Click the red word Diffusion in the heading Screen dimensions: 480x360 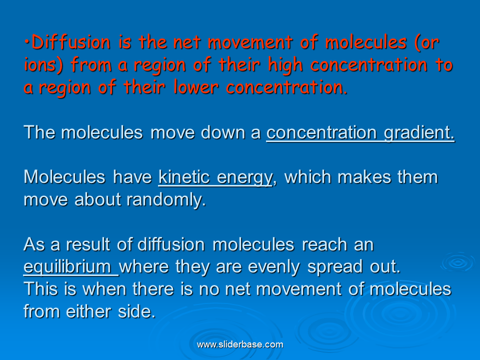click(71, 42)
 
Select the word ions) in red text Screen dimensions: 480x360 click(43, 65)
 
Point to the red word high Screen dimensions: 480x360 click(285, 65)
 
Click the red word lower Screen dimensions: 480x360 click(196, 87)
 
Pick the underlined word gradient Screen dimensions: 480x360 click(419, 133)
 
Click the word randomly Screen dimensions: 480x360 click(166, 200)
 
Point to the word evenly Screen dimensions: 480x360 click(273, 267)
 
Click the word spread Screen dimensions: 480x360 click(335, 267)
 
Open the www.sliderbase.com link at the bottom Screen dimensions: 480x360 click(240, 344)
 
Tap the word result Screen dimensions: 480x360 click(88, 244)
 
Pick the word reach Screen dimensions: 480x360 click(324, 244)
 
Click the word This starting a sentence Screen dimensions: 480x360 click(40, 289)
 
